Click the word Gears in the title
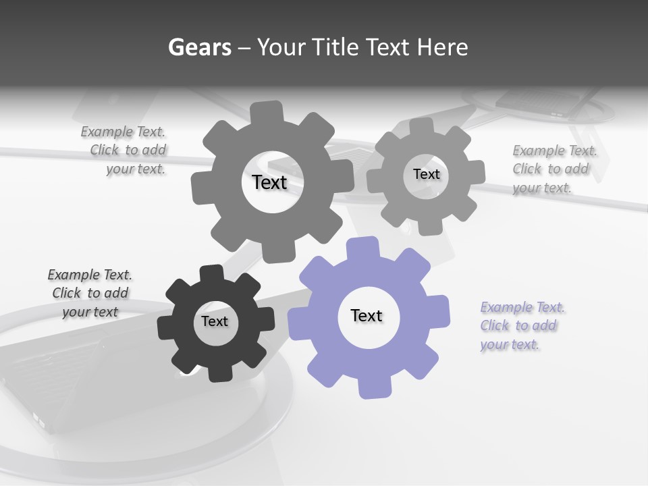[199, 47]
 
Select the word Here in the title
[443, 47]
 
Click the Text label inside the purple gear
[367, 315]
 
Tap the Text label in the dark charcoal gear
[215, 321]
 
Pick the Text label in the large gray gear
[269, 182]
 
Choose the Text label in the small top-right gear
[426, 174]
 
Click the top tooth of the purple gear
[362, 247]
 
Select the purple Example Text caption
[522, 326]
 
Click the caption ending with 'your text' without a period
[90, 293]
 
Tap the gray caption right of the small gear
[554, 169]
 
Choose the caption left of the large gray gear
[124, 151]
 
